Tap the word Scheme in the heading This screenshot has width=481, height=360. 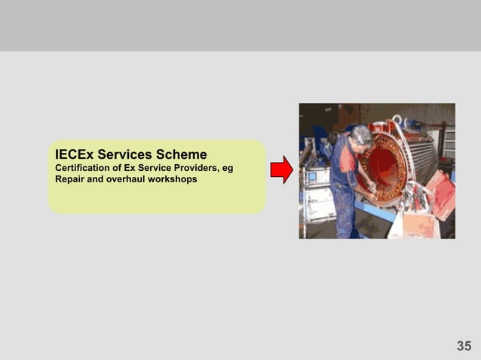(x=184, y=155)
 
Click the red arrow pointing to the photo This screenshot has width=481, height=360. (x=281, y=170)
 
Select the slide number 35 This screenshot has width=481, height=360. (x=464, y=346)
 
